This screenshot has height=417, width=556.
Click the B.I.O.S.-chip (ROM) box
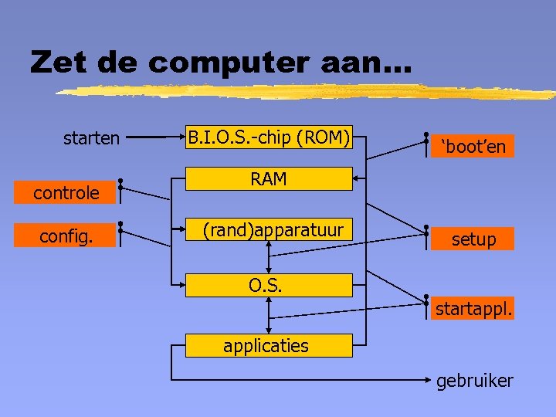point(269,138)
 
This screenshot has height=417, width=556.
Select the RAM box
point(269,179)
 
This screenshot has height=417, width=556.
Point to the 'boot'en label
point(473,147)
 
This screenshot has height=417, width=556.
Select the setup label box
point(473,239)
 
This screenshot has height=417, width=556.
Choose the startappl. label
point(473,310)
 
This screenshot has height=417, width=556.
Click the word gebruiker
point(474,381)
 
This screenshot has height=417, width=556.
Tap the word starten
point(91,139)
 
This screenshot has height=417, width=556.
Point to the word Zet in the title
point(59,63)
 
